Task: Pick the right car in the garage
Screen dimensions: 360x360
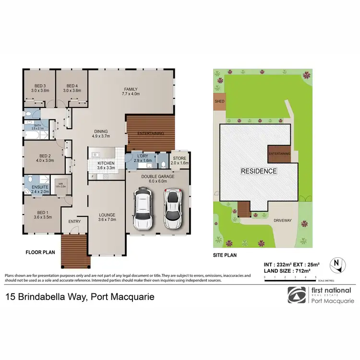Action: click(172, 208)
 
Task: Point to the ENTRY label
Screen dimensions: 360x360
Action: click(75, 221)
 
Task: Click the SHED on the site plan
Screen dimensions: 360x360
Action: click(219, 102)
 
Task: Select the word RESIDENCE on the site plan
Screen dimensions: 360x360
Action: click(258, 171)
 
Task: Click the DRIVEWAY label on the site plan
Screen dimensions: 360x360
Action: click(282, 220)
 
